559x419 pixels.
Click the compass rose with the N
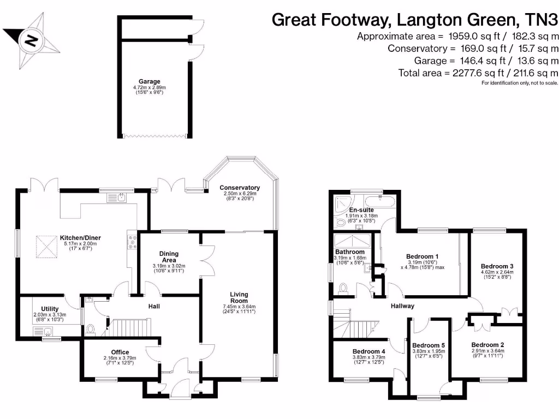[x=32, y=39]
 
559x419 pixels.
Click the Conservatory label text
[x=241, y=188]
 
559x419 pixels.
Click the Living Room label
[x=239, y=297]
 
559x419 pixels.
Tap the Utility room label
[x=50, y=309]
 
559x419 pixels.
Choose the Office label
[x=120, y=352]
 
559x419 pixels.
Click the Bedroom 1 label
[x=423, y=256]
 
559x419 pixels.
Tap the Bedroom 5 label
[x=429, y=345]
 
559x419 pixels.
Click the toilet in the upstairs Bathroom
[x=343, y=288]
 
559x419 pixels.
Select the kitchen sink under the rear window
[x=121, y=197]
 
